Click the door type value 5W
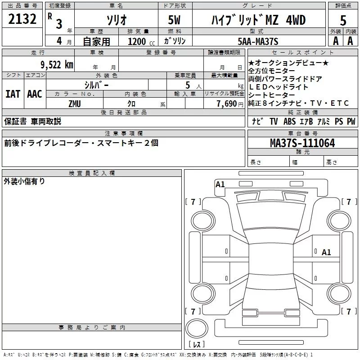coord(175,20)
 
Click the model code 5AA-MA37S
coord(258,41)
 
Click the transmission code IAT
coord(13,94)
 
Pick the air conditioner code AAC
coord(35,94)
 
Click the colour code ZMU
coord(75,103)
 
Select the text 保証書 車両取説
coord(32,121)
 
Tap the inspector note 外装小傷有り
coord(24,181)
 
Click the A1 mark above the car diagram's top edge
coord(220,184)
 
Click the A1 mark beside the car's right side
coord(326,252)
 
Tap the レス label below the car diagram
coord(196,344)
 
